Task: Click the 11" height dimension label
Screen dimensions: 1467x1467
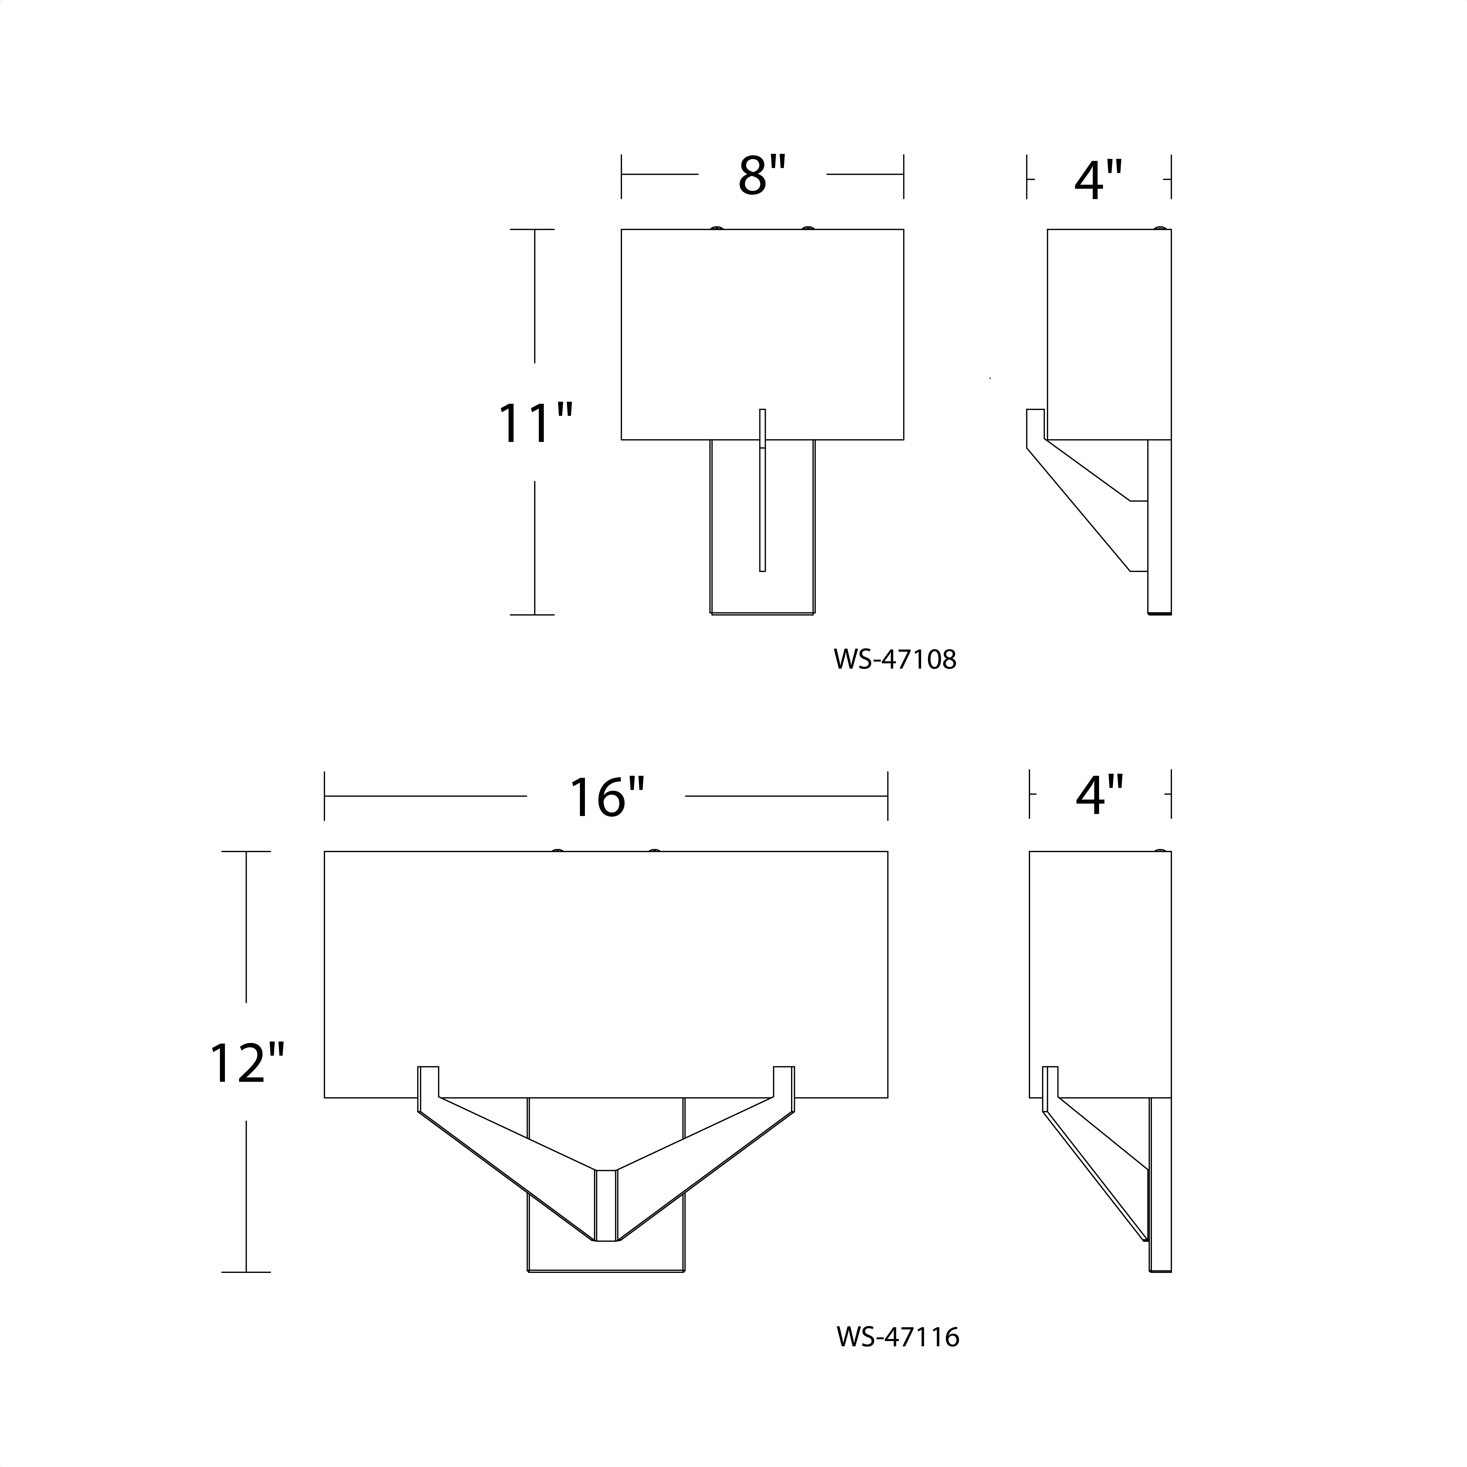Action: (x=534, y=423)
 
